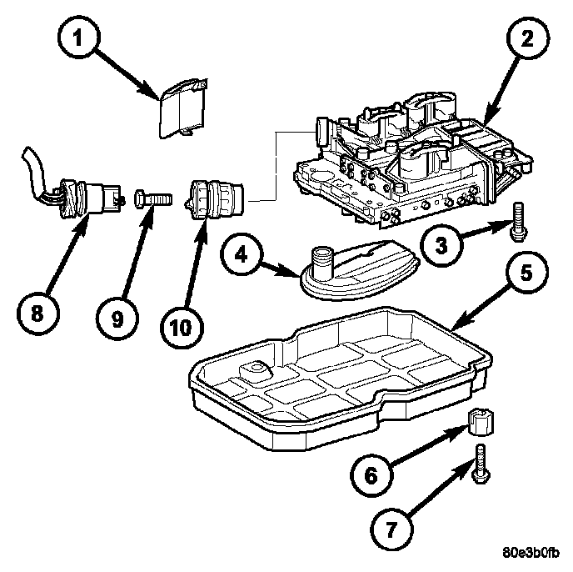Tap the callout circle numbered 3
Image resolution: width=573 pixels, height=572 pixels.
point(441,246)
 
